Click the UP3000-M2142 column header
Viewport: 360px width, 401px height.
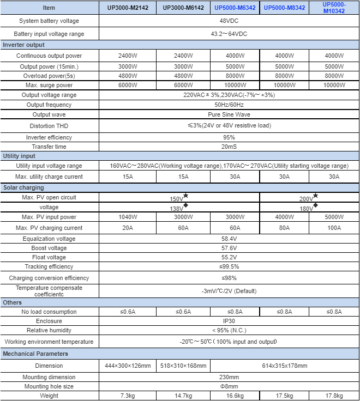pos(127,8)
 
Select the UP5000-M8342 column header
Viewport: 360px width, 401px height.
pos(284,8)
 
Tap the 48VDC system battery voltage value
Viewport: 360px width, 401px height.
pos(229,21)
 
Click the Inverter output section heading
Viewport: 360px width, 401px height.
pos(24,45)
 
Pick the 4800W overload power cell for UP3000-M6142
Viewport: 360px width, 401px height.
pos(183,76)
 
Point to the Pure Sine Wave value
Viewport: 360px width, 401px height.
pos(229,115)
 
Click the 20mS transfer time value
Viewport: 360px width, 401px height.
pos(229,147)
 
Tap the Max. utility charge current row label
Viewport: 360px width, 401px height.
pos(49,177)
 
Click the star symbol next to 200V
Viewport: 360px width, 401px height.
pos(315,196)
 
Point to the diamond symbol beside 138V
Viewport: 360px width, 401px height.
pos(186,205)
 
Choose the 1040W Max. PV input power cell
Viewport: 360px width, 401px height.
pos(127,217)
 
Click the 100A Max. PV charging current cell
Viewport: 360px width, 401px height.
pos(334,228)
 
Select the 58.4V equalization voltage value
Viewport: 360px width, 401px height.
pos(229,239)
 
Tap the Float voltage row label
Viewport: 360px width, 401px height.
pos(49,257)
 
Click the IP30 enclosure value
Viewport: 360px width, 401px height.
pos(229,321)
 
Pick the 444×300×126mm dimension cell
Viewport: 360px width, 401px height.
pos(127,366)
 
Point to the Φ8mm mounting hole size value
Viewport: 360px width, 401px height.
pos(229,386)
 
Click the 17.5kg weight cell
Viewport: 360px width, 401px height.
pos(284,396)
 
